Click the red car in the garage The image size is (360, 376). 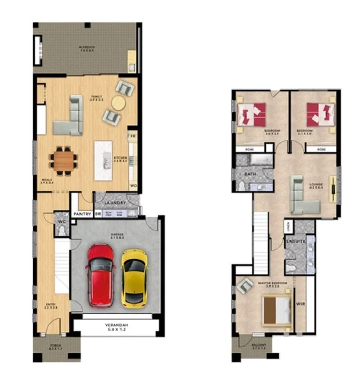coord(101,275)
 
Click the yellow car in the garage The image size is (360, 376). coord(134,277)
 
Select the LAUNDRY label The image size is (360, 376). coord(115,203)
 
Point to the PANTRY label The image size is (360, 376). coord(83,214)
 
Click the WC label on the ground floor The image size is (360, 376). coord(62,222)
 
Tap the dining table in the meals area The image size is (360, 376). coord(64,160)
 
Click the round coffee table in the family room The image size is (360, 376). coord(118,103)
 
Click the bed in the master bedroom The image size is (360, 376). coord(277,311)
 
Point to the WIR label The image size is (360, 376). coord(301,303)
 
